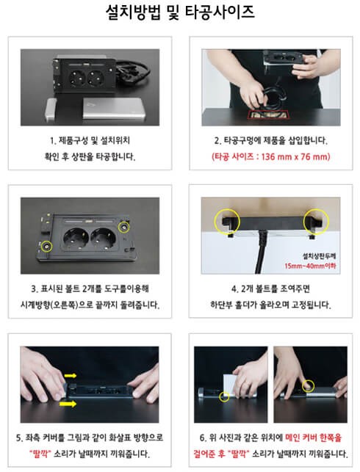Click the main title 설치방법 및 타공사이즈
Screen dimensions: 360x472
(180, 12)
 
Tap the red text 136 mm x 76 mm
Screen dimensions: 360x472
(295, 156)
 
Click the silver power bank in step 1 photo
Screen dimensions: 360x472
(114, 108)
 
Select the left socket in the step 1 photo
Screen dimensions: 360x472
(78, 78)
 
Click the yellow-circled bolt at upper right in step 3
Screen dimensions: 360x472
(123, 228)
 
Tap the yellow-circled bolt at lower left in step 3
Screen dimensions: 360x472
(47, 247)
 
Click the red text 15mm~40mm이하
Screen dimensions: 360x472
(310, 266)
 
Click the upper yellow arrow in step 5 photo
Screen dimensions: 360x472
(71, 375)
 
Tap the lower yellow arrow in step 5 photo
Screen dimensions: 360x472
(68, 404)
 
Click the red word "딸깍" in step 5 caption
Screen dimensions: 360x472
(40, 454)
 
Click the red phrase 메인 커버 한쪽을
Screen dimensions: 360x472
(313, 437)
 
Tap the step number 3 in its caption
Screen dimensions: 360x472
(34, 289)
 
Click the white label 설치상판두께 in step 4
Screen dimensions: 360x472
(319, 256)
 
